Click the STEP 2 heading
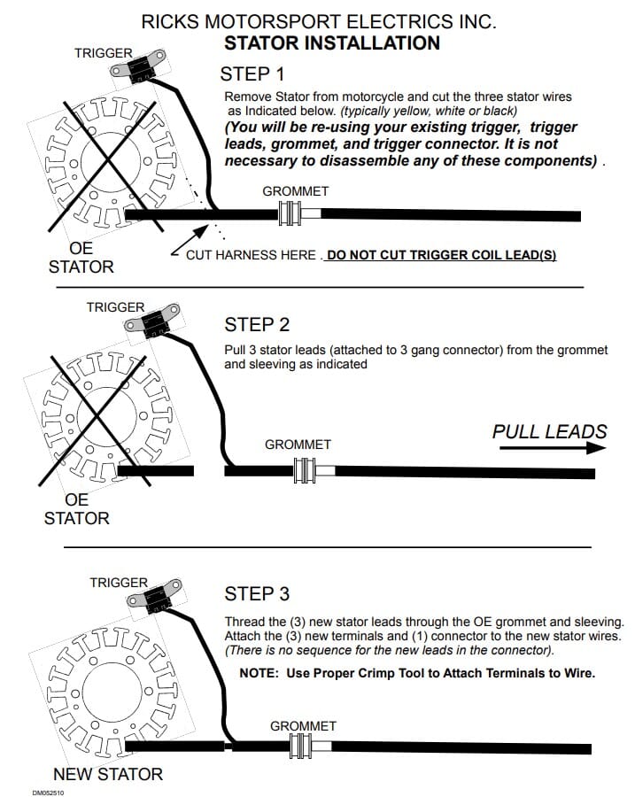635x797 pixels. click(x=257, y=324)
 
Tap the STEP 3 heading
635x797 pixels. click(x=257, y=593)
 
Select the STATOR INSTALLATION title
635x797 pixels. click(x=331, y=43)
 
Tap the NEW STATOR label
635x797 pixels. click(x=108, y=774)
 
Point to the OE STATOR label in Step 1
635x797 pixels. click(x=81, y=258)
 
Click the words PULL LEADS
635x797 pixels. click(x=549, y=431)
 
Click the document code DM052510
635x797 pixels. click(x=50, y=792)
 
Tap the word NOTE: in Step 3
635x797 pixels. click(x=259, y=673)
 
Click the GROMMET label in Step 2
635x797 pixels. click(x=298, y=444)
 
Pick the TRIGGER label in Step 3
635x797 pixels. click(x=119, y=583)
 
